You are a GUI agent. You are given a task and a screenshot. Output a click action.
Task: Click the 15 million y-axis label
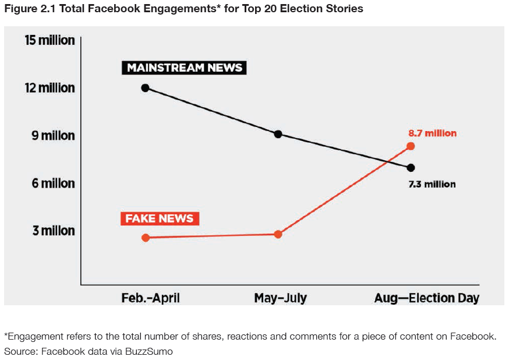tap(50, 40)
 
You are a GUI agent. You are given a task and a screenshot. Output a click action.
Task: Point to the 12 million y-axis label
tap(50, 88)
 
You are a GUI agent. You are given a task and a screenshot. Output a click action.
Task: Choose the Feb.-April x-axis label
tap(150, 298)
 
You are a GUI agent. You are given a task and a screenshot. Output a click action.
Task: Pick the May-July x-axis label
tap(280, 298)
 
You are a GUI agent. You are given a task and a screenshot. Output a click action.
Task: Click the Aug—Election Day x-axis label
tap(426, 298)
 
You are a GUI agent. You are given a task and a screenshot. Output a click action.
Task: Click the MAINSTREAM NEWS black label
tap(185, 68)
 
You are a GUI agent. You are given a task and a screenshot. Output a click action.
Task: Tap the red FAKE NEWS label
tap(160, 219)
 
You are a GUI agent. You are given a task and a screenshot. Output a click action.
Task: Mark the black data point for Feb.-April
tap(145, 88)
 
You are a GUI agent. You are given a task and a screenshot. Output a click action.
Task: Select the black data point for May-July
tap(278, 134)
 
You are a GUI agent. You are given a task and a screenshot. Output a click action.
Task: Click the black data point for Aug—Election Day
tap(411, 168)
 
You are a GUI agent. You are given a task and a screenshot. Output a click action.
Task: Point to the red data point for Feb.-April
tap(146, 238)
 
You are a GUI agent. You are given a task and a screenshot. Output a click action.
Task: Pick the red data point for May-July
tap(278, 234)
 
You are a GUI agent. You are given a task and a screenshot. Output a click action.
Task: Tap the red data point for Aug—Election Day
tap(411, 146)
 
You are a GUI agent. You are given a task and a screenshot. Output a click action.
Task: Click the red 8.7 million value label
tap(432, 133)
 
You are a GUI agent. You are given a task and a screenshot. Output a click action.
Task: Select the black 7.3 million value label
tap(432, 184)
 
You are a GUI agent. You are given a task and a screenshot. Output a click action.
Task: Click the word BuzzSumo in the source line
tap(149, 351)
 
